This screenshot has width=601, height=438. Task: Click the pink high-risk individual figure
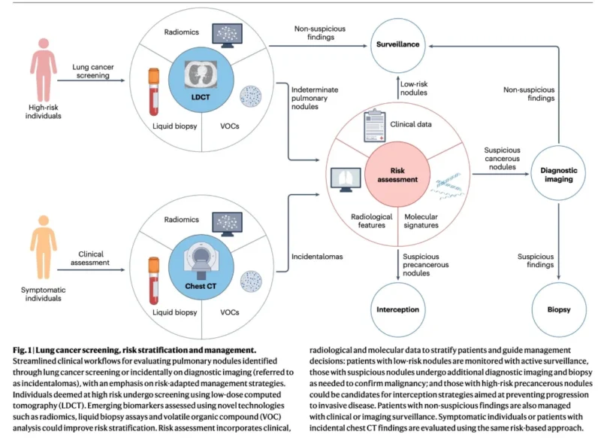[44, 70]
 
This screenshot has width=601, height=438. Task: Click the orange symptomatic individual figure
[44, 247]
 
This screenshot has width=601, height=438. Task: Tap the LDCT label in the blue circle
[201, 97]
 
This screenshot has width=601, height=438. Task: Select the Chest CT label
[201, 286]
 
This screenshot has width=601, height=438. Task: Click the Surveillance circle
[398, 45]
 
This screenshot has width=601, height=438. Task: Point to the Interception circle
[398, 310]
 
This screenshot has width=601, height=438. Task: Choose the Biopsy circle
[559, 310]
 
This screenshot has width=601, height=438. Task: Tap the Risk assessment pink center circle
[397, 175]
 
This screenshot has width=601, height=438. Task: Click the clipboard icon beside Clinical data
[374, 126]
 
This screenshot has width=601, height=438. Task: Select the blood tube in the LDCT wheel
[154, 92]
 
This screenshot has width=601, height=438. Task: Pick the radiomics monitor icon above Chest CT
[228, 224]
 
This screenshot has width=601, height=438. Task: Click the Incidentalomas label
[317, 257]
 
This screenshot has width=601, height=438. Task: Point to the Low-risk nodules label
[414, 88]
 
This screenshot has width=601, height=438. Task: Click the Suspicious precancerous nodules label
[425, 265]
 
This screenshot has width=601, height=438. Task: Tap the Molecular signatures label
[421, 221]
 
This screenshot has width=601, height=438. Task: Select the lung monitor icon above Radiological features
[346, 180]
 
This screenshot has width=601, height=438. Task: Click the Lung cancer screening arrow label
[92, 71]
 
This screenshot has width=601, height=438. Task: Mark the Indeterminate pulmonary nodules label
[315, 99]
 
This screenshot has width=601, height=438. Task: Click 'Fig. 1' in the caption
[22, 350]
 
